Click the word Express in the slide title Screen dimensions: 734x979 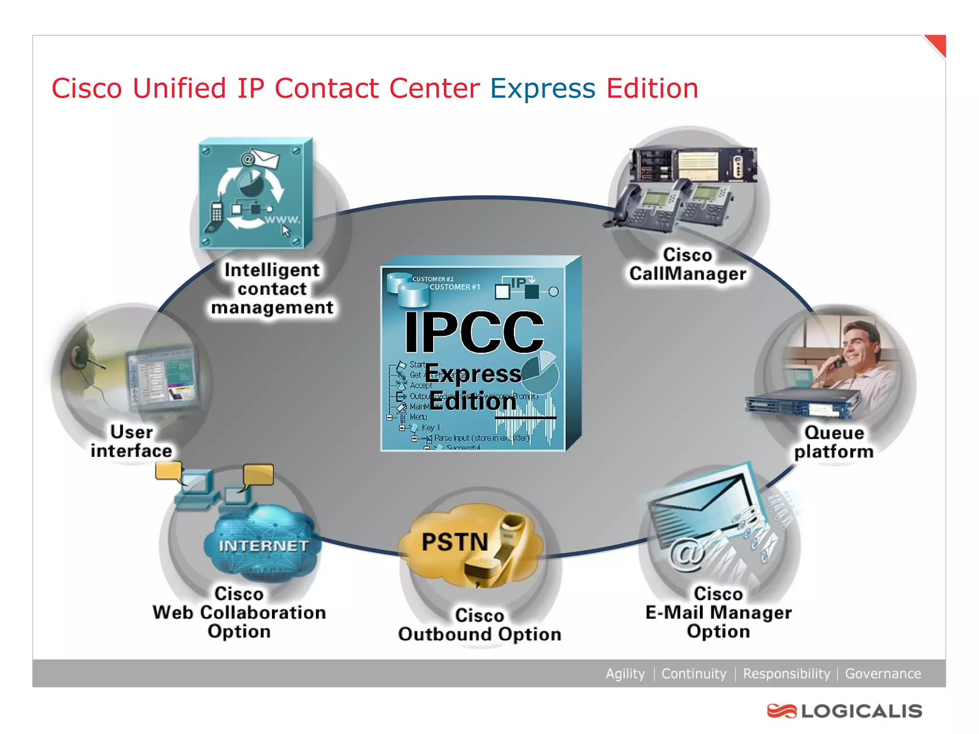(543, 89)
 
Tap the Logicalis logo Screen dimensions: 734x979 (844, 711)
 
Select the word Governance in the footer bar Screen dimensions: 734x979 (882, 673)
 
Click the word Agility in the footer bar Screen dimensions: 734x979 (625, 673)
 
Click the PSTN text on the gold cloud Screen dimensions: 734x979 (455, 542)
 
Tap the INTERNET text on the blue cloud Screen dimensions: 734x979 (263, 546)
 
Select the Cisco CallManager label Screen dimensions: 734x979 (687, 264)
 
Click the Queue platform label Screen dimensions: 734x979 (834, 442)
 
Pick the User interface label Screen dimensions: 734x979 (131, 441)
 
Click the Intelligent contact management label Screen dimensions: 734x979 (272, 289)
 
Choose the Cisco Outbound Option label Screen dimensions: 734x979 (479, 625)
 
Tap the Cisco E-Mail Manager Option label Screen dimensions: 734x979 (718, 612)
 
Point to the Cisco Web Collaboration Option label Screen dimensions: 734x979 (239, 612)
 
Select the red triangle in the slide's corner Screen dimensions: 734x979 (937, 44)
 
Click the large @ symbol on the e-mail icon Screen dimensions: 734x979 (686, 554)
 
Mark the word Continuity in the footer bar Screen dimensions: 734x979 (693, 673)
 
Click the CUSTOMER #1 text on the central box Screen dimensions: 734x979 (454, 287)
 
